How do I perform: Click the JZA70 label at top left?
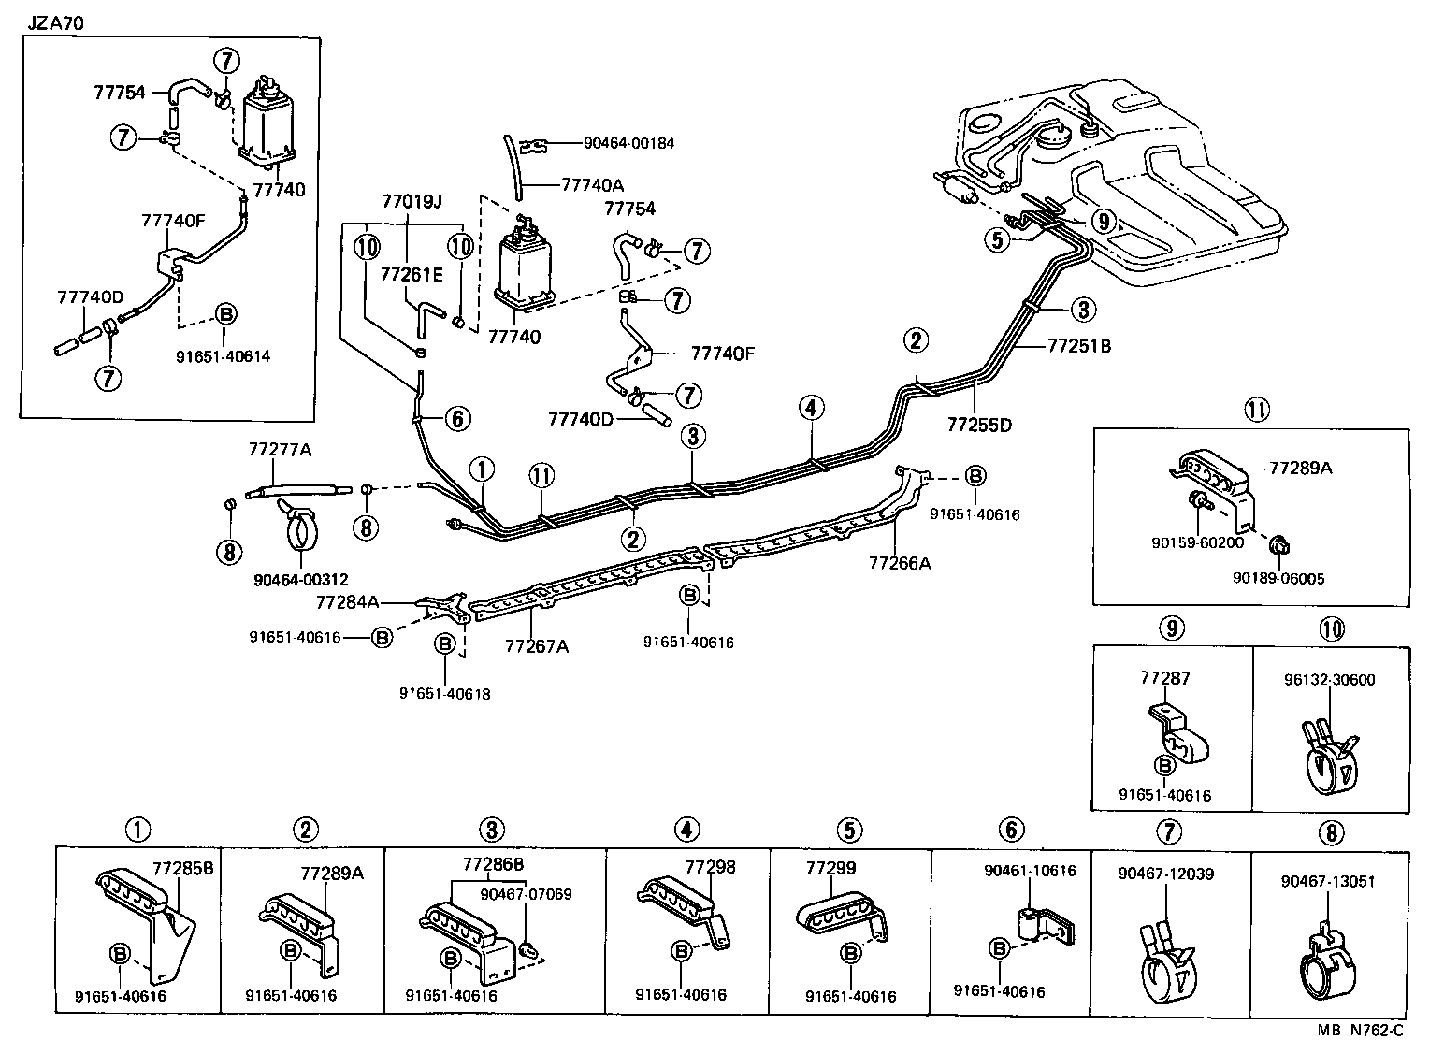(x=53, y=22)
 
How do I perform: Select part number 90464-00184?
(x=628, y=143)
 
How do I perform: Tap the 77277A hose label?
(x=280, y=449)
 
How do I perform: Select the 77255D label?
(x=979, y=425)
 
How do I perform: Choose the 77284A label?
(x=347, y=602)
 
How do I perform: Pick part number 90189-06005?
(x=1278, y=579)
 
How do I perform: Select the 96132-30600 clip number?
(x=1334, y=680)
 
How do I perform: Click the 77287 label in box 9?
(x=1165, y=677)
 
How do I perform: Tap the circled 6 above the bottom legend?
(x=1011, y=829)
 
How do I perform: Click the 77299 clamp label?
(x=830, y=868)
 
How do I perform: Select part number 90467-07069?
(x=526, y=893)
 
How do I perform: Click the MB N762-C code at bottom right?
(x=1361, y=1031)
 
